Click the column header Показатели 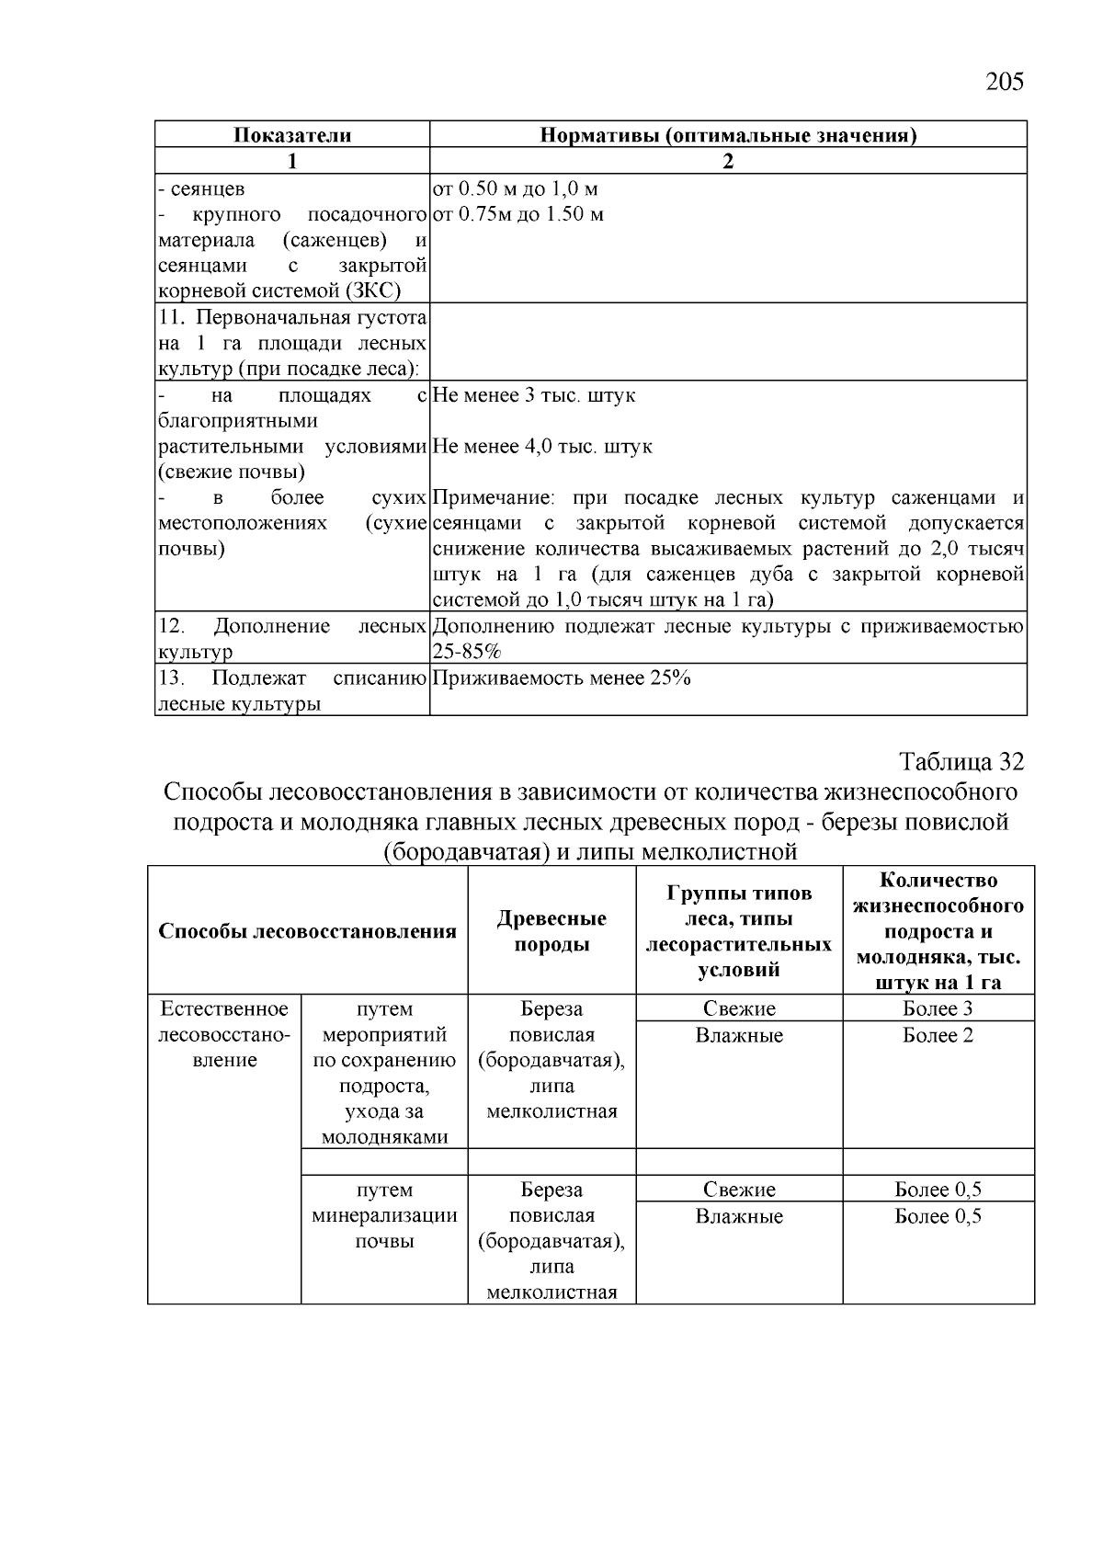click(291, 135)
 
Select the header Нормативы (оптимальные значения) click(727, 135)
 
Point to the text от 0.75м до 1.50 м click(517, 215)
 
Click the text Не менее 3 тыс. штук click(533, 395)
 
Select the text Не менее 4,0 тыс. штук click(541, 447)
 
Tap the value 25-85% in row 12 click(466, 652)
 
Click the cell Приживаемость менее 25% click(561, 678)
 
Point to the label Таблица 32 click(961, 762)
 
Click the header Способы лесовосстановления click(307, 930)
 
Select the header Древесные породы click(551, 930)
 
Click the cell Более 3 click(938, 1008)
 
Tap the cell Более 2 click(938, 1036)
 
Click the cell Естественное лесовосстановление click(224, 1034)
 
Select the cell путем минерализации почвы click(384, 1215)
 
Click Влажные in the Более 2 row click(739, 1036)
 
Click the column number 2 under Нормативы click(727, 162)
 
